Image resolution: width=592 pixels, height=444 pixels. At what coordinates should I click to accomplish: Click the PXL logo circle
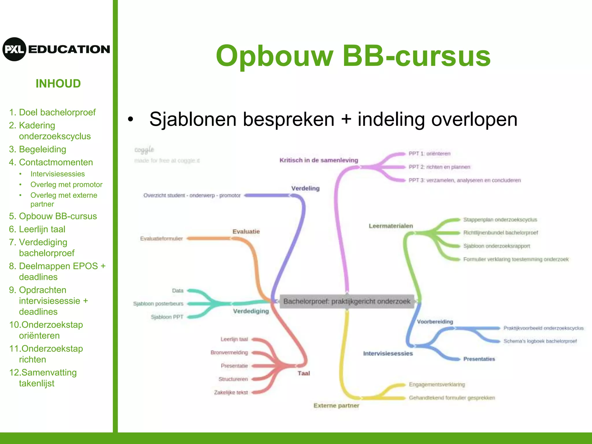[x=14, y=49]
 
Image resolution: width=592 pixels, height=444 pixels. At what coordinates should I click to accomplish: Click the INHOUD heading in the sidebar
[x=58, y=84]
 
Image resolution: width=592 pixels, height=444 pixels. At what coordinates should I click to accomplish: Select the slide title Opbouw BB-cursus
[x=353, y=56]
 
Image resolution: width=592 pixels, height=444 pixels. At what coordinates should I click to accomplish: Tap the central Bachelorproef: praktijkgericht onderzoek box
[x=347, y=301]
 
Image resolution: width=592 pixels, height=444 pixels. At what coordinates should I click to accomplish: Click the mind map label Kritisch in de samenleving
[x=319, y=160]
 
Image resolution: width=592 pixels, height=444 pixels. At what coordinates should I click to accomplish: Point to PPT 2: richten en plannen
[x=439, y=167]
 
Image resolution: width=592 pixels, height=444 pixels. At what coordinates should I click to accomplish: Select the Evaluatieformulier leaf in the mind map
[x=161, y=238]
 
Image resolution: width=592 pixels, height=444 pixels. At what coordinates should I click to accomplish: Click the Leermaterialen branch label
[x=391, y=226]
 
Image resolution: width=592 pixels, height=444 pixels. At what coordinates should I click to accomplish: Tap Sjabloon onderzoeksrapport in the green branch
[x=496, y=246]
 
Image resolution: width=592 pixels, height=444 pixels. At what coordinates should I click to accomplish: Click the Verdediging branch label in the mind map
[x=251, y=311]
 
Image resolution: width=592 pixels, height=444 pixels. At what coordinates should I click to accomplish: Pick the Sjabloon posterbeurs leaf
[x=158, y=304]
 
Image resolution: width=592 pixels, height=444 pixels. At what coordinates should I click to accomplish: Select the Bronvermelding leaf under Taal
[x=229, y=352]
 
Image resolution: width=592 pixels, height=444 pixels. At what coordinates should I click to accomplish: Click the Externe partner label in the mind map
[x=336, y=405]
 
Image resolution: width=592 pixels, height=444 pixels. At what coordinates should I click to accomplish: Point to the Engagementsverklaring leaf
[x=437, y=384]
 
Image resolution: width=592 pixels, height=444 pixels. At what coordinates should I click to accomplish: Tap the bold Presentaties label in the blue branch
[x=479, y=359]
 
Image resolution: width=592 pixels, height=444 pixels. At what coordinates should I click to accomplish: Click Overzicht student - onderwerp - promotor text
[x=192, y=195]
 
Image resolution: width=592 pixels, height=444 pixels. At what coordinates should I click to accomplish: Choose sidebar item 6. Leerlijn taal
[x=37, y=229]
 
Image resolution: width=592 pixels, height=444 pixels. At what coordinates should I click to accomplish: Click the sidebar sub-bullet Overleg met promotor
[x=66, y=184]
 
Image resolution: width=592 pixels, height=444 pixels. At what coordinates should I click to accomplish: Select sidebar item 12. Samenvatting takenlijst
[x=43, y=378]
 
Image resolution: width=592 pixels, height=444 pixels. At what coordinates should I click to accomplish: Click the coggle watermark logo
[x=144, y=150]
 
